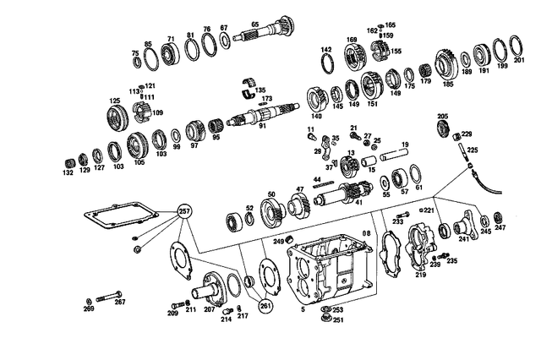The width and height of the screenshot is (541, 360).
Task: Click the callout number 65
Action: pos(254,25)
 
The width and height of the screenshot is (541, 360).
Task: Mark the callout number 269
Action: pos(88,310)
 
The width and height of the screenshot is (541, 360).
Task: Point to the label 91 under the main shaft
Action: pos(263,127)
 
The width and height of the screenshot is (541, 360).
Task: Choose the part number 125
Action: pos(113,101)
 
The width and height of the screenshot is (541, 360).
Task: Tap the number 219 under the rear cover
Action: pos(421,275)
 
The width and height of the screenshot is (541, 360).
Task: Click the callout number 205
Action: pos(442,116)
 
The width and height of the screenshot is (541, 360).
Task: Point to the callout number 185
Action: pos(448,85)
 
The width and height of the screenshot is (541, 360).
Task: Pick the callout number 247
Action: pos(500,228)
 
